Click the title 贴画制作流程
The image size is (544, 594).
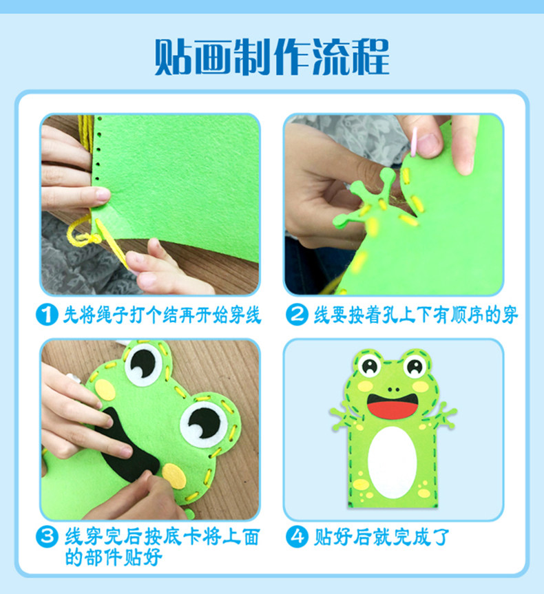pos(272,57)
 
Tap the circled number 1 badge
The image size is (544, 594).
pos(47,315)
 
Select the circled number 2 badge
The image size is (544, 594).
pos(297,315)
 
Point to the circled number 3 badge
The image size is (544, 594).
pos(47,536)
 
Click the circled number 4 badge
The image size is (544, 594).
pos(297,536)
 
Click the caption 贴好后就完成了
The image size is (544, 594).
pos(381,537)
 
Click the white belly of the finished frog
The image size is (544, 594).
pos(392,462)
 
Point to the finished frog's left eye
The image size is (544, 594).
pos(370,365)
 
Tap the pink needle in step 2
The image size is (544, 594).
pos(414,142)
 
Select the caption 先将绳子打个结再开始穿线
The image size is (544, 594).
pos(162,315)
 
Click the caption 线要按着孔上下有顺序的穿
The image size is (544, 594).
pos(415,315)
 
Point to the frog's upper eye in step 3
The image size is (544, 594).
pos(143,364)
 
